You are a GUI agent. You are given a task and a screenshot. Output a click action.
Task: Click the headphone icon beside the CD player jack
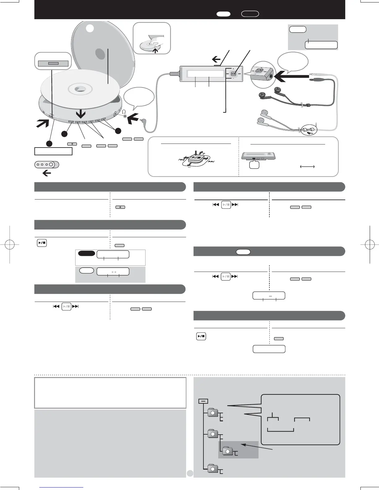tap(124, 111)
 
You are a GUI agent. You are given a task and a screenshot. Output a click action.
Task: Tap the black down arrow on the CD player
tap(81, 114)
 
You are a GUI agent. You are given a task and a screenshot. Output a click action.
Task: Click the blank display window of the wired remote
tap(205, 74)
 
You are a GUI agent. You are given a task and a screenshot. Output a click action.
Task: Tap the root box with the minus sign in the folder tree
tap(203, 401)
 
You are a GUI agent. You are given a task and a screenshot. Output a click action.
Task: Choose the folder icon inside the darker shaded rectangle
tap(228, 451)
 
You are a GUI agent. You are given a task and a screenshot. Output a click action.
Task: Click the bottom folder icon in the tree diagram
tap(213, 468)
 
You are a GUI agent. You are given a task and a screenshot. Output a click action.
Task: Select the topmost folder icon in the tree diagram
tap(213, 412)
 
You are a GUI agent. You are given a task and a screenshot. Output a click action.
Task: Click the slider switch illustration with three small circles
tap(46, 165)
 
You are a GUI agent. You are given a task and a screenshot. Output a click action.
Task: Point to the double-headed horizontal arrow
tap(307, 167)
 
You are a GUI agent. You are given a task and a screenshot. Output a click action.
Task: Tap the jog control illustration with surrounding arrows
tap(196, 159)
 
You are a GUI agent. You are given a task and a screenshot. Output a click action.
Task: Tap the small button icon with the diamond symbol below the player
tap(72, 144)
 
